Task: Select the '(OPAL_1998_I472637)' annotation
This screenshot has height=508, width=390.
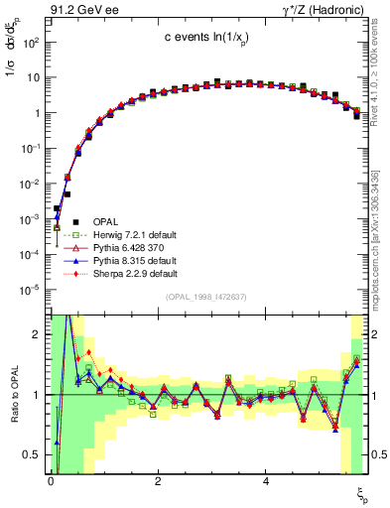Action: [205, 296]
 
